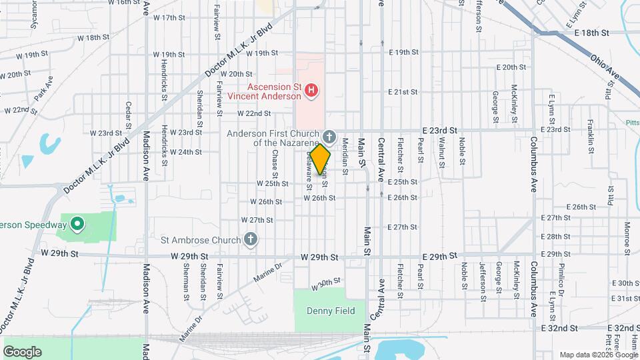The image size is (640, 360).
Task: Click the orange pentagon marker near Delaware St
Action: tap(320, 159)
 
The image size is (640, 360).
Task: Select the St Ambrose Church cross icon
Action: tap(251, 239)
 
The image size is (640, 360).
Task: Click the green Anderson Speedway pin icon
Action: tap(77, 225)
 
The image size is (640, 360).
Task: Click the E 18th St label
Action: tap(587, 32)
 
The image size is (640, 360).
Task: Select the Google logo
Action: tap(22, 351)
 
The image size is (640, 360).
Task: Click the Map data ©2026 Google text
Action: tap(597, 355)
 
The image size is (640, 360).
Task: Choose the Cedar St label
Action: tap(128, 113)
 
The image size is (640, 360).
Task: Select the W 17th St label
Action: tap(169, 17)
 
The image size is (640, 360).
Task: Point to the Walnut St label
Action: tap(442, 150)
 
